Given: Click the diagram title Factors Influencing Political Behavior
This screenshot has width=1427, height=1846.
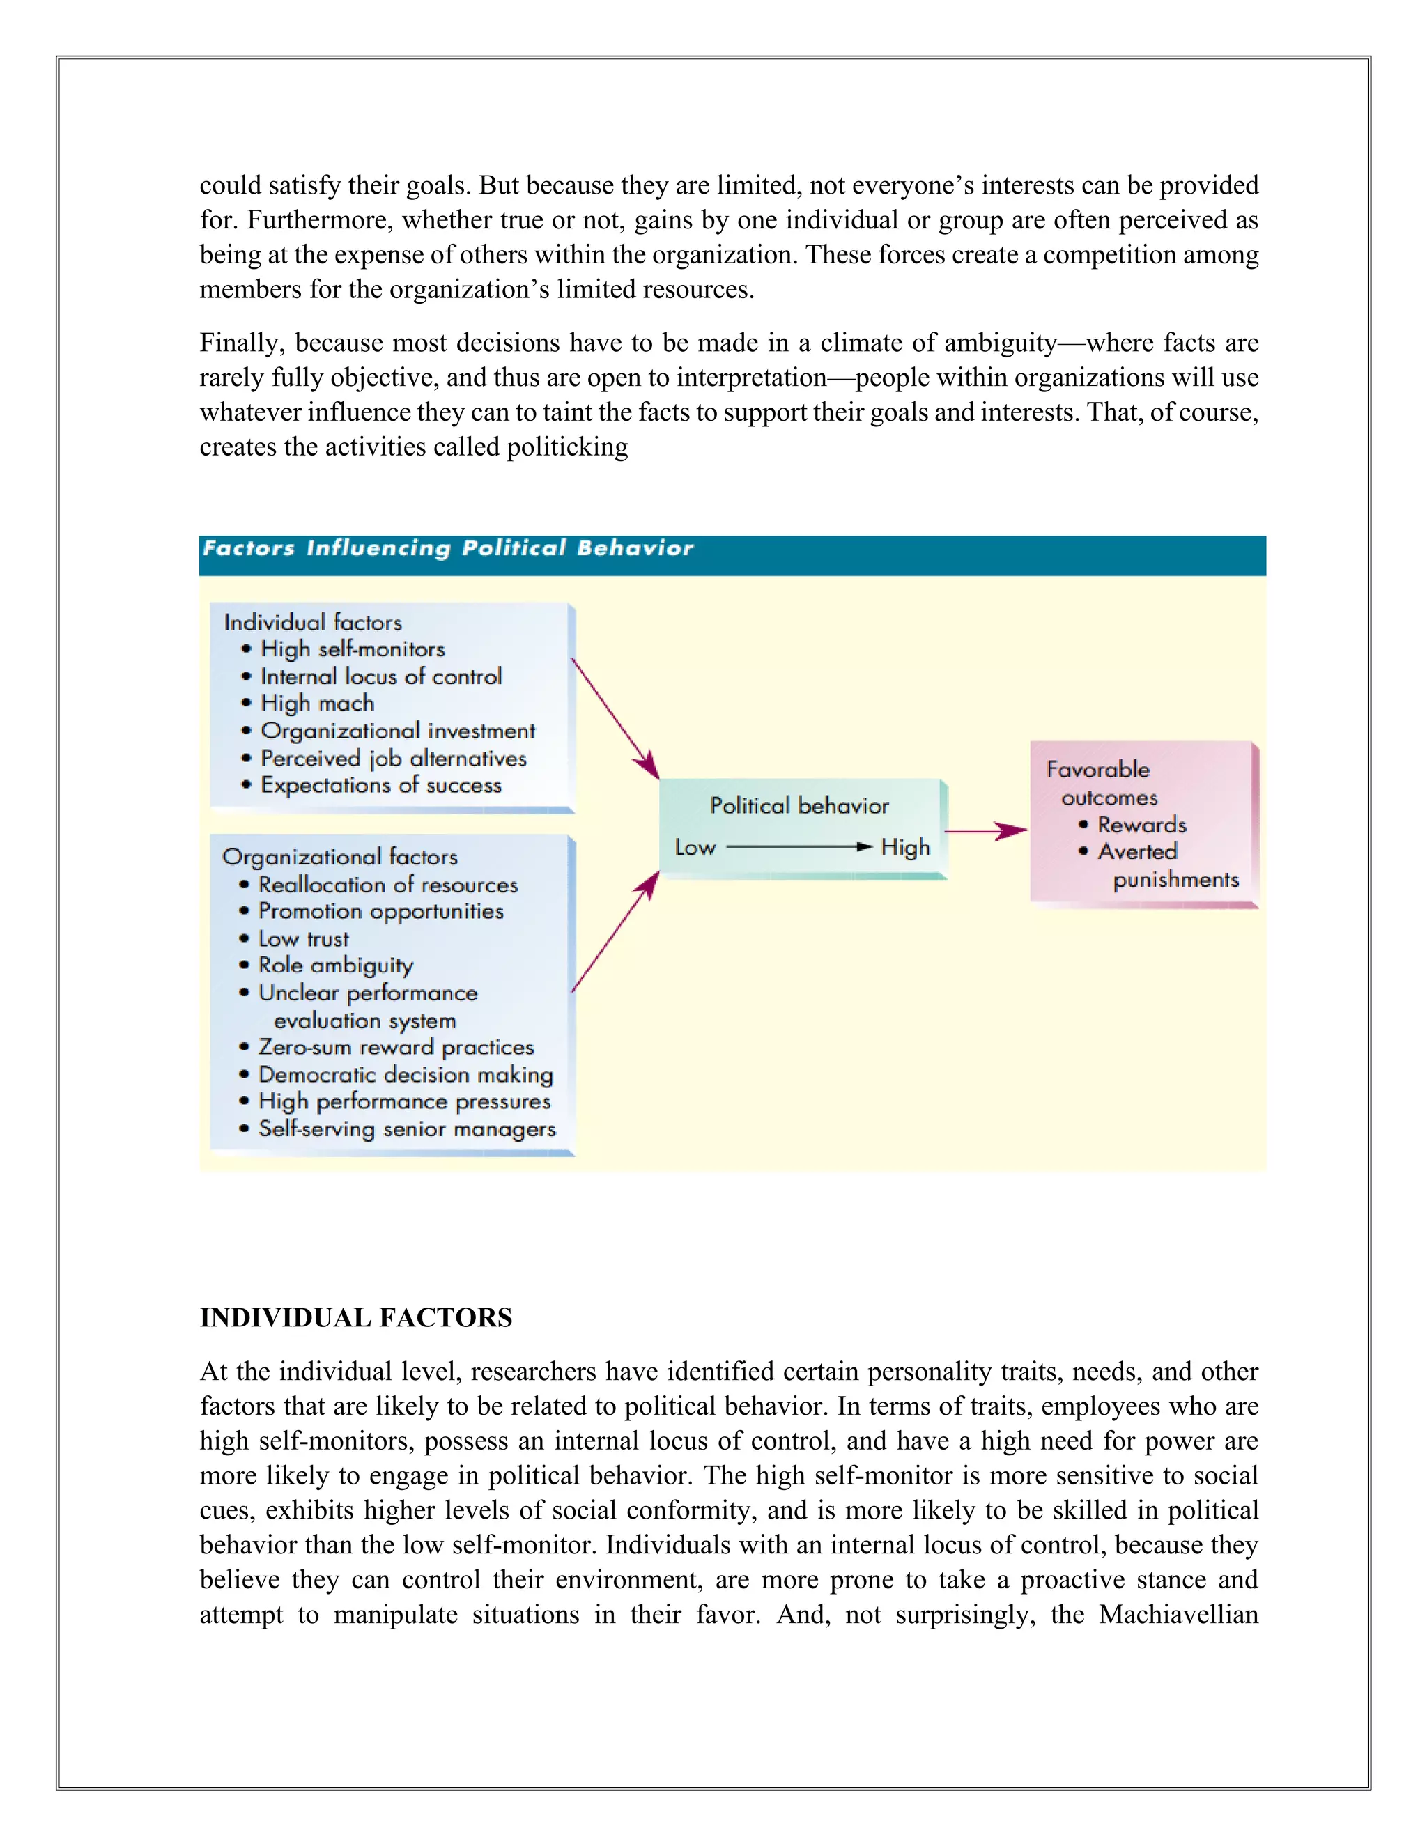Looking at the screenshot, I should click(447, 548).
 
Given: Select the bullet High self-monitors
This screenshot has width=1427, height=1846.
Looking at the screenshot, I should click(352, 649).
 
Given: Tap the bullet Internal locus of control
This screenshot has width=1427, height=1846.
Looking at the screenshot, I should click(380, 676).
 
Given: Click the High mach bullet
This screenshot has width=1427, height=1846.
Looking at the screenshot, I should click(317, 704).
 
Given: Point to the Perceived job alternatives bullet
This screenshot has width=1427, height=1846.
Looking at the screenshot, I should click(393, 758).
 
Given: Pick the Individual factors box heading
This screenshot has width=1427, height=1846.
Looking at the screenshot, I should click(313, 622).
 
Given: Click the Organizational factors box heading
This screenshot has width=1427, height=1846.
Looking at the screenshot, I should click(340, 857).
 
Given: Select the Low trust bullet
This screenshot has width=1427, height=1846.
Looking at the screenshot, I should click(302, 939).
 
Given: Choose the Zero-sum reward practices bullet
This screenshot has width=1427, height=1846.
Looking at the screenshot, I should click(396, 1047).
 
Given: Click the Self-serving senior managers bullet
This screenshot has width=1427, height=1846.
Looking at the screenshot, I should click(407, 1129).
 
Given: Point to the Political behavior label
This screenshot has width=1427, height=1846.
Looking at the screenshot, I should click(799, 805).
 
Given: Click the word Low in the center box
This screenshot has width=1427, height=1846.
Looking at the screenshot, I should click(695, 848).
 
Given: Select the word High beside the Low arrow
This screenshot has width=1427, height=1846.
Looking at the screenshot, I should click(904, 847).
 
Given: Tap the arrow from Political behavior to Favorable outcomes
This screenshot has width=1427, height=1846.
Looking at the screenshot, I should click(986, 832).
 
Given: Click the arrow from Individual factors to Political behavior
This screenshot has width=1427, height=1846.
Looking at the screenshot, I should click(615, 718).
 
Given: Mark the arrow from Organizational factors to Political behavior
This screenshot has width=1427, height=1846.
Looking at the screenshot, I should click(615, 932).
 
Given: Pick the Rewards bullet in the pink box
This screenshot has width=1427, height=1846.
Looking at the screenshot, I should click(1141, 825).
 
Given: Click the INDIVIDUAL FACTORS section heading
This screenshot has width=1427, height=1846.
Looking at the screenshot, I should click(356, 1318).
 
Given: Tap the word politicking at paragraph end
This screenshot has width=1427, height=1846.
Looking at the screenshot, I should click(566, 447).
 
